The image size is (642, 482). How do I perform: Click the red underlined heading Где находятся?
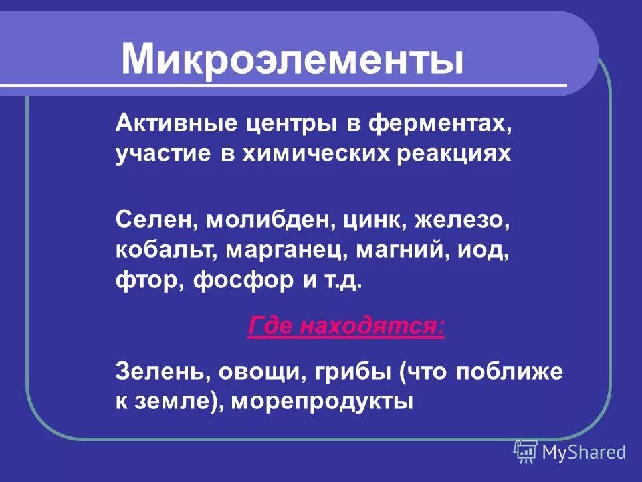pos(346,327)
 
